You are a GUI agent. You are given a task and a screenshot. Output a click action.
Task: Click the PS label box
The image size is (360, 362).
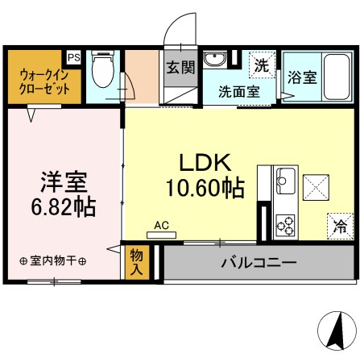point(73,57)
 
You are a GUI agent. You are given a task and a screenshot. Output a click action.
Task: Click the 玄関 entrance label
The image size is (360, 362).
point(180,68)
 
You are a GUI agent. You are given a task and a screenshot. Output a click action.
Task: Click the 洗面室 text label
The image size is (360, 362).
point(239,91)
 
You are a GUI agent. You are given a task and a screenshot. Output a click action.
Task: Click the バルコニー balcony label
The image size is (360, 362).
point(258,262)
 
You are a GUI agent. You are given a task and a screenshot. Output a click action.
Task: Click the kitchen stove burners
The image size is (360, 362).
point(285,223)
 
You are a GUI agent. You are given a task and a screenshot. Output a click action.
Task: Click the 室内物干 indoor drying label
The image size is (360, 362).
point(54,260)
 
